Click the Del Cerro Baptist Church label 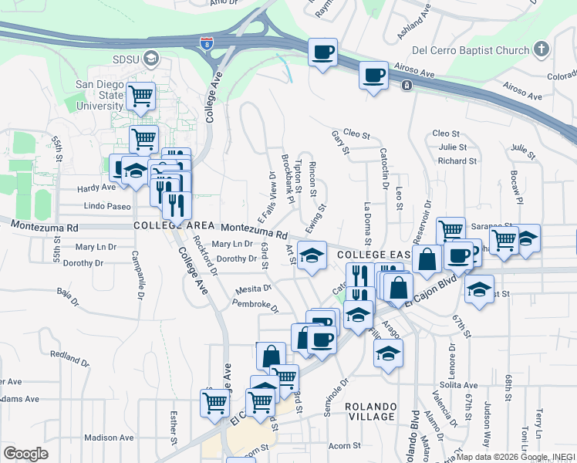(471, 51)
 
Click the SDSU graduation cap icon (152, 58)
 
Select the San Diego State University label (100, 95)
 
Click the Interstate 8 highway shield (206, 43)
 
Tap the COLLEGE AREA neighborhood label (171, 225)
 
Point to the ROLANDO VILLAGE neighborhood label (370, 411)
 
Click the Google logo (25, 453)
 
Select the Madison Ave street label (109, 437)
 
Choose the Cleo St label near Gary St (357, 133)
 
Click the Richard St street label (457, 161)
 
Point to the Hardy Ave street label (96, 188)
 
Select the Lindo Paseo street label (108, 207)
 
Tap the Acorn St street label (345, 446)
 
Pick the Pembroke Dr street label (255, 304)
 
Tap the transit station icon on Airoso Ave (406, 85)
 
